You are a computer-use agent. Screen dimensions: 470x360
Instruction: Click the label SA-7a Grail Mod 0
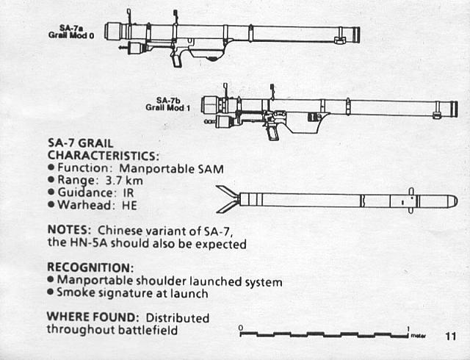71,32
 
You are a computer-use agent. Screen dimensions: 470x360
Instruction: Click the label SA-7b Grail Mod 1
168,104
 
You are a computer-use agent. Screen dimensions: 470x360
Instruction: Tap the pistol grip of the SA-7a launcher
177,60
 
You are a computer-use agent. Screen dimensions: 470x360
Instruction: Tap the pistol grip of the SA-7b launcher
272,132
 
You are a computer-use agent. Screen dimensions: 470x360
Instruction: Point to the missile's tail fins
228,199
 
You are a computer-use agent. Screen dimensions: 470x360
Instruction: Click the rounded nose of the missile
452,201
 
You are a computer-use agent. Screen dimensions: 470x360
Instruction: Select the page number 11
450,336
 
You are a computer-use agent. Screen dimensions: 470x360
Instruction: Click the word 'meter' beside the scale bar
419,336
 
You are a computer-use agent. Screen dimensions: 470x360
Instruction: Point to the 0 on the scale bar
241,328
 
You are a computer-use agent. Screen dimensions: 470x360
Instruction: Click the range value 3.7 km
124,180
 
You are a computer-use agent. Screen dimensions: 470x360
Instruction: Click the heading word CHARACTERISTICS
104,156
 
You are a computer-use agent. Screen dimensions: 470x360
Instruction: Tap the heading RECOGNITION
90,267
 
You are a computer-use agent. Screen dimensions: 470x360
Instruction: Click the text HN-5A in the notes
89,242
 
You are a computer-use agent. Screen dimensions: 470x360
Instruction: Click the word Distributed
178,317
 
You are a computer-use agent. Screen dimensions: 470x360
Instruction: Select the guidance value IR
129,193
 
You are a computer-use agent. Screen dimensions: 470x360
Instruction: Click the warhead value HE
129,206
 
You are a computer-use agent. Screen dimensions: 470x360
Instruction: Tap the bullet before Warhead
51,205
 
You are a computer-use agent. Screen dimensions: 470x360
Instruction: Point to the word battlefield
148,330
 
